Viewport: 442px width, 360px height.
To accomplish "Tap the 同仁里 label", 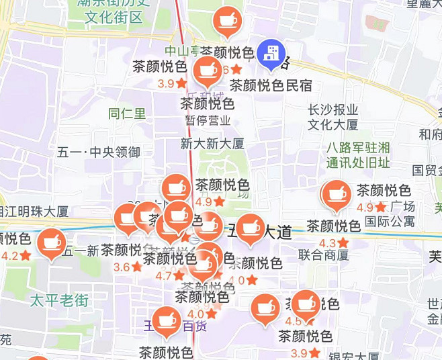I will (127, 114).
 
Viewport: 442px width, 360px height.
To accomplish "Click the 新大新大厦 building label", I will (212, 143).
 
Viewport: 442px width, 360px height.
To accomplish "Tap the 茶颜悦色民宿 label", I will (271, 85).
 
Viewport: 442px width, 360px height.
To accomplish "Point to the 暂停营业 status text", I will (208, 121).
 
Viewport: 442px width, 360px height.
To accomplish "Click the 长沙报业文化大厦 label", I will (333, 117).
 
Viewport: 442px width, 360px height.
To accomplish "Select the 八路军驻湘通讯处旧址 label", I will (357, 155).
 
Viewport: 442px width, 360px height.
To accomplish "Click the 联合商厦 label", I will (324, 255).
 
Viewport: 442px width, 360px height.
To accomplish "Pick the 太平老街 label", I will (59, 300).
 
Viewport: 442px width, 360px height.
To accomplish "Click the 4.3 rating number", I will (328, 242).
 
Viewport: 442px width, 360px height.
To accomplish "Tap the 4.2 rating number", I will (11, 255).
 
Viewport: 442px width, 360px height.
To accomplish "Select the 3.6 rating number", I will (122, 267).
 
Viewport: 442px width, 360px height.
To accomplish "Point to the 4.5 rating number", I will (294, 321).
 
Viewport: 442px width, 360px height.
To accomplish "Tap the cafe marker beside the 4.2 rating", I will (51, 242).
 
